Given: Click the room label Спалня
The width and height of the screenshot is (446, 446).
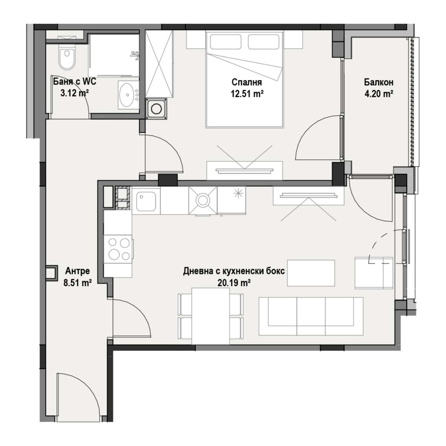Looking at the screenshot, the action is tap(246, 82).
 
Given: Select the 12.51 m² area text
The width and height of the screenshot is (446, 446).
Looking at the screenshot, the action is tap(247, 94).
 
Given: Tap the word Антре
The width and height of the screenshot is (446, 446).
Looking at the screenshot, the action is tap(77, 271).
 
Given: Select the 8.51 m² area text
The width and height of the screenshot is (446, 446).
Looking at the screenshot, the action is tap(77, 283).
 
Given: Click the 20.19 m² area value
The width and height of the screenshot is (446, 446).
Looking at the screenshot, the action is tap(234, 283).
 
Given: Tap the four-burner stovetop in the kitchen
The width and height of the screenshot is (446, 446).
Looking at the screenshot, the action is tap(118, 249).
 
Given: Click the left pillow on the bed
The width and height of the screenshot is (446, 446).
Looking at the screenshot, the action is tap(225, 42).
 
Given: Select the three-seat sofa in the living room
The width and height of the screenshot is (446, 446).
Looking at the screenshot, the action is tap(311, 316).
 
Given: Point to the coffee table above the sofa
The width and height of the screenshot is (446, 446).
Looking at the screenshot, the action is tap(311, 273).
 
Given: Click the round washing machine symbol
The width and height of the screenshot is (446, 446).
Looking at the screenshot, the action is tap(156, 109).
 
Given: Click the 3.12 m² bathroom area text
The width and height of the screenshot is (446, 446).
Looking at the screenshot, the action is tap(75, 93).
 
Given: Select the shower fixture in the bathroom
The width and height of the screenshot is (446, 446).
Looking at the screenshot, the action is tap(136, 55).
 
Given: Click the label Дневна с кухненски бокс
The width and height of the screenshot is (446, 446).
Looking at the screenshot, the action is tap(234, 271).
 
